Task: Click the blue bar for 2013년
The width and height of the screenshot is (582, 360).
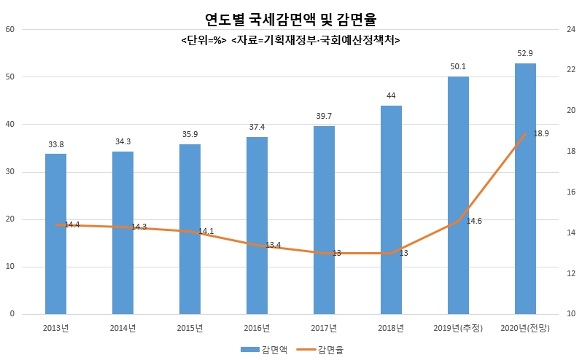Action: [55, 234]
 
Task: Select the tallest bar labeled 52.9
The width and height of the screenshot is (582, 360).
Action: [525, 189]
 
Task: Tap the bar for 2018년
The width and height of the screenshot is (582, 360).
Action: [391, 210]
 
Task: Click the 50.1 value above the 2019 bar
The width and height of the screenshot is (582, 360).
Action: [458, 67]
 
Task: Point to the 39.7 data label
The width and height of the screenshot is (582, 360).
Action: [324, 116]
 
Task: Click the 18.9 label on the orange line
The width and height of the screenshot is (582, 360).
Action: [541, 133]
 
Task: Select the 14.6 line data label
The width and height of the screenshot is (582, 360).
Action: [474, 221]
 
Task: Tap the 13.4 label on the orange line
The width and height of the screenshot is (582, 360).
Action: [273, 245]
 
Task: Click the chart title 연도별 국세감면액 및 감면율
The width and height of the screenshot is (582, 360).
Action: [290, 19]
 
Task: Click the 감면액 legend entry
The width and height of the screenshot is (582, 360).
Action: [264, 350]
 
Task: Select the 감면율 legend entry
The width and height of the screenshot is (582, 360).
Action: [321, 350]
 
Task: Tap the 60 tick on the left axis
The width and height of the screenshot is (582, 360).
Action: [10, 30]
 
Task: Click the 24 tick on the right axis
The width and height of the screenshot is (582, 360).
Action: [571, 29]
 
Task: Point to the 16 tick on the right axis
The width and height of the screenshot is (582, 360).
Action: [571, 192]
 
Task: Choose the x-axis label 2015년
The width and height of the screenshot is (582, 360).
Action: [190, 328]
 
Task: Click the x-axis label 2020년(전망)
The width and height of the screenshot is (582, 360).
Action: [525, 328]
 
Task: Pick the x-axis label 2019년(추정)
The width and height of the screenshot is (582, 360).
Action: [458, 328]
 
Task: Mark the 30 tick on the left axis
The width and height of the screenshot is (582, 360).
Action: [10, 172]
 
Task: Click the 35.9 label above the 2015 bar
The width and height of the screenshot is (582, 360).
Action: [190, 134]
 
